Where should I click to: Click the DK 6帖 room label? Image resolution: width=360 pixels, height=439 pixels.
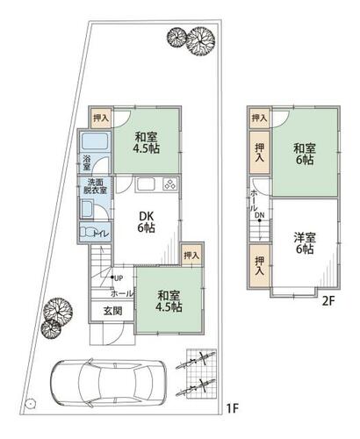point(147,221)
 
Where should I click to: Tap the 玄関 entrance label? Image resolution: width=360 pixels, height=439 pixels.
point(113,311)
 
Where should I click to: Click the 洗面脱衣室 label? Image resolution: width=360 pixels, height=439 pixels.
point(95,186)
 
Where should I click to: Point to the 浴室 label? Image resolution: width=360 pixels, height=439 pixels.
point(87,163)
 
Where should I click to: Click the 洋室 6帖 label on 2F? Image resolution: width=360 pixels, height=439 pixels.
point(305,243)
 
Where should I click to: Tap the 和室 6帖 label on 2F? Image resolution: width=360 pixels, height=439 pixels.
point(305,154)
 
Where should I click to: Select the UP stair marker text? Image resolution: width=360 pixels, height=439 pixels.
point(119,278)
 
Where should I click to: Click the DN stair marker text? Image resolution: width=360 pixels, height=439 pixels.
point(259,215)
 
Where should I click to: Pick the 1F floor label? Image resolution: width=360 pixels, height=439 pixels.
point(233,409)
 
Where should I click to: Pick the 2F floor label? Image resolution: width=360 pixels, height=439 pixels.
point(328,301)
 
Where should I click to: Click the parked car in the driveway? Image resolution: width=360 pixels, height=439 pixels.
point(108,383)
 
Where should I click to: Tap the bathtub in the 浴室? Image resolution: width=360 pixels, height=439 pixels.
point(96,141)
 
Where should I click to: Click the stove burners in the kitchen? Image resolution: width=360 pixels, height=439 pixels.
point(170,184)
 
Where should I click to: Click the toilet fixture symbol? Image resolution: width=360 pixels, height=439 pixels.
point(86,233)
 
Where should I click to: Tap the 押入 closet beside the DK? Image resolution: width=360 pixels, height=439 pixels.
point(191,255)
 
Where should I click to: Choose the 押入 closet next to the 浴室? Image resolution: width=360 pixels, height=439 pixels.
point(101,118)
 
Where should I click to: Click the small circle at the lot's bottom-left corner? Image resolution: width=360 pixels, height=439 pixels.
point(30,404)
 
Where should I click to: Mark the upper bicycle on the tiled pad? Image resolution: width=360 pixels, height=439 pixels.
point(196,361)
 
